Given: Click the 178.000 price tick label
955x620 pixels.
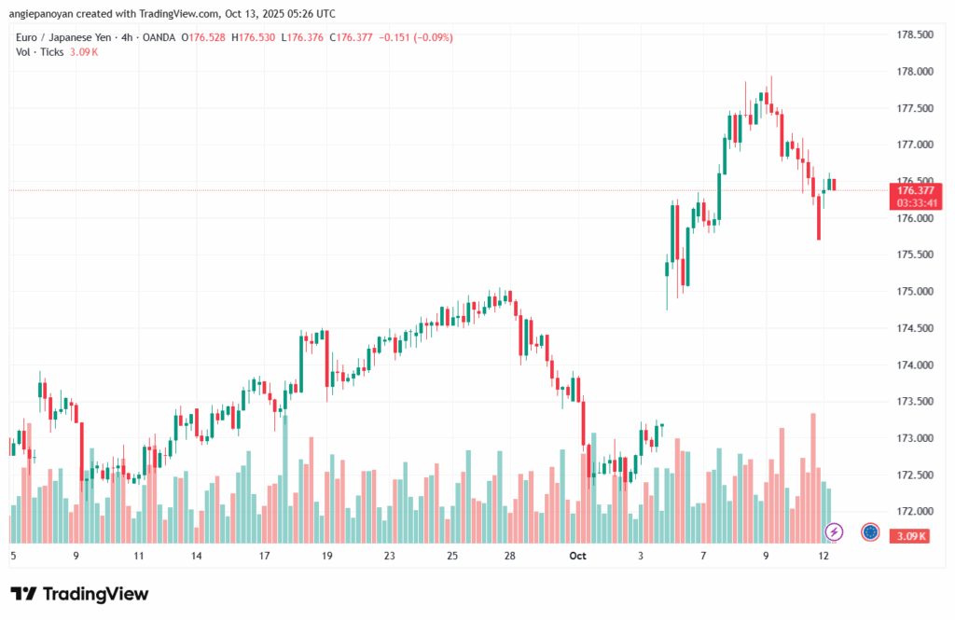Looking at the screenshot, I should pyautogui.click(x=915, y=72).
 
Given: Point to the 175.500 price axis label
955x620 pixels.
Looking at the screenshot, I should pyautogui.click(x=915, y=255).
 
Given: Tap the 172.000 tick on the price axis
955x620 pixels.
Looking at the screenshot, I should pyautogui.click(x=915, y=512).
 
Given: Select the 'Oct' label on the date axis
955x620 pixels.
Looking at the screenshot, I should pyautogui.click(x=578, y=556).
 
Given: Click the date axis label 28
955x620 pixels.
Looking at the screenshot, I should pyautogui.click(x=510, y=556).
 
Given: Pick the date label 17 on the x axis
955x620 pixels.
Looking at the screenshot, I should pyautogui.click(x=265, y=556).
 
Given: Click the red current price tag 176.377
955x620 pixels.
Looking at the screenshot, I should pyautogui.click(x=915, y=189).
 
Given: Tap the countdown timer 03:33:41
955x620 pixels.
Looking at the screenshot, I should pyautogui.click(x=915, y=202).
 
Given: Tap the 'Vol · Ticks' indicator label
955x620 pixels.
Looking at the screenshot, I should pyautogui.click(x=39, y=51).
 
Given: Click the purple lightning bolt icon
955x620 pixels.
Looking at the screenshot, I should pyautogui.click(x=835, y=531).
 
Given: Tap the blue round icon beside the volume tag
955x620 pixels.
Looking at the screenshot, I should pyautogui.click(x=870, y=531).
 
